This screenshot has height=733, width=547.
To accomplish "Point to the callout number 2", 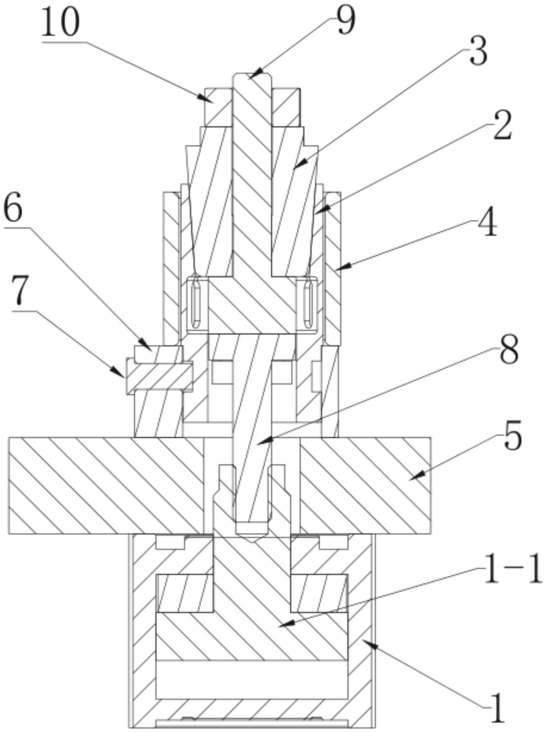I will click(502, 125).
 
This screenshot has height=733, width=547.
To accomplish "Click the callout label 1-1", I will click(512, 570).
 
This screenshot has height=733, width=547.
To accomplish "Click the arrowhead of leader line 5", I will click(411, 479).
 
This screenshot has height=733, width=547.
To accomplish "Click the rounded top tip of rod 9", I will click(252, 75).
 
